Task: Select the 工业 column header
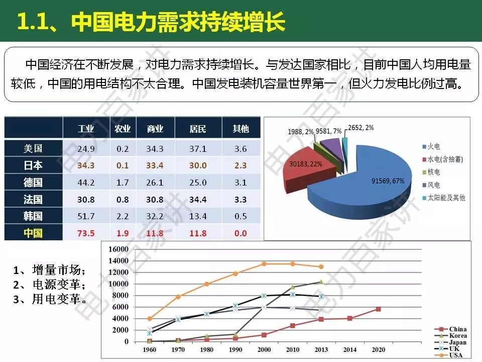coord(86,129)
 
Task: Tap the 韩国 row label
coord(33,216)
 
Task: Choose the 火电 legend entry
coord(433,146)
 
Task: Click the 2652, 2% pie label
coord(360,128)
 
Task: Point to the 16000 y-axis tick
coord(119,249)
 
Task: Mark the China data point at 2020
coord(378,309)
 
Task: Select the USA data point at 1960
coord(150,318)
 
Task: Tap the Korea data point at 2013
coord(321,282)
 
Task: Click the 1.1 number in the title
coord(34,22)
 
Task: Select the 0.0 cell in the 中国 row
coord(241,233)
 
